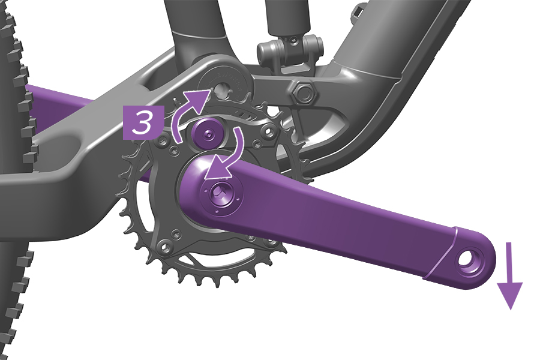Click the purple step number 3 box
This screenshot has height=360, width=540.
[x=142, y=122]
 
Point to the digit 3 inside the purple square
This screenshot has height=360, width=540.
[x=142, y=122]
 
